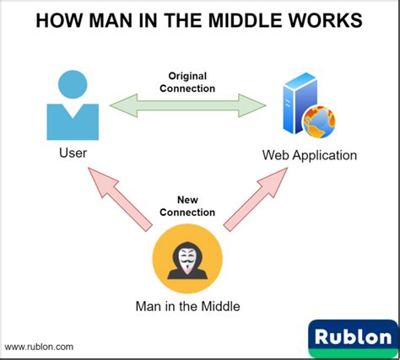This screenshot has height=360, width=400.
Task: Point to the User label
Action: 73,153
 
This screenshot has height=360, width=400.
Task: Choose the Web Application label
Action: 309,155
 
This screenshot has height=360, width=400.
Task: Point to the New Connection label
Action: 187,206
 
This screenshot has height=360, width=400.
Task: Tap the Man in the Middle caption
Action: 187,306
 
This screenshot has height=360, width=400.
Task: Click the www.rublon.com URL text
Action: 39,346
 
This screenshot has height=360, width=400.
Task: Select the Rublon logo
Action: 354,337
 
